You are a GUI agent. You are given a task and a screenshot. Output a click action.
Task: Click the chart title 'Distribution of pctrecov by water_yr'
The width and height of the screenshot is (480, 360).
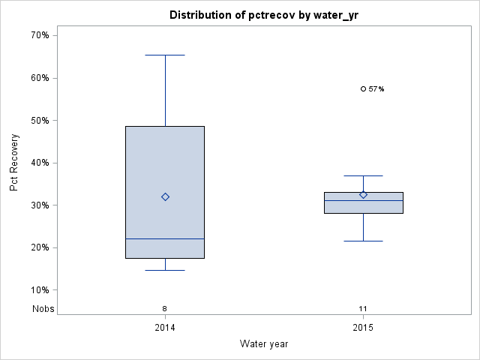point(264,15)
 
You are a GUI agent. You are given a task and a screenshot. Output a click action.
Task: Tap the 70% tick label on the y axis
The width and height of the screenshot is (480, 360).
point(39,35)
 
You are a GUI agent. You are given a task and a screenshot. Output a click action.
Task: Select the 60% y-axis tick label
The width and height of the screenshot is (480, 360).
point(39,78)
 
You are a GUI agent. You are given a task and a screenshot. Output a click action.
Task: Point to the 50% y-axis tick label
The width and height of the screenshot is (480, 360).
point(39,120)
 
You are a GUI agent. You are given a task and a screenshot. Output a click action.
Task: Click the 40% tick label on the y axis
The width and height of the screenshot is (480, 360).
point(39,163)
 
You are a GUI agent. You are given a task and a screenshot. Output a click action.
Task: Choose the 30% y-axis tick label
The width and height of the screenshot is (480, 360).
point(39,205)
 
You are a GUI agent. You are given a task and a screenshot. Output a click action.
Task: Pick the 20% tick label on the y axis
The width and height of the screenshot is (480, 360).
point(39,247)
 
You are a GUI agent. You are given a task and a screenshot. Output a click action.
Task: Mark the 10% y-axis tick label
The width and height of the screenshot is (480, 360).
point(39,290)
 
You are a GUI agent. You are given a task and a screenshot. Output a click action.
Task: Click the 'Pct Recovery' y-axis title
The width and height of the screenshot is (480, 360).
point(14,163)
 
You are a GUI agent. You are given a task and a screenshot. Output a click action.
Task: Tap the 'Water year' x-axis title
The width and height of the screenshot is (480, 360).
point(264,343)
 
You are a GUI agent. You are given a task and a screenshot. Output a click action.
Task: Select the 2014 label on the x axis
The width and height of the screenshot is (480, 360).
point(165,328)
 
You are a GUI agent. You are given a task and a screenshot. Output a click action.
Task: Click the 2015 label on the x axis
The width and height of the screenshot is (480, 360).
point(363,328)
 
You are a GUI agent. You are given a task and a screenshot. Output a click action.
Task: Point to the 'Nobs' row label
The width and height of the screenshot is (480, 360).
point(43,308)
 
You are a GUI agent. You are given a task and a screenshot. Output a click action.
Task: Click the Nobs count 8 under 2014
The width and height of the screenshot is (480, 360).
point(165,308)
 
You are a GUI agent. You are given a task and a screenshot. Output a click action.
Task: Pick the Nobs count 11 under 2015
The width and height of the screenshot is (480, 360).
point(363,308)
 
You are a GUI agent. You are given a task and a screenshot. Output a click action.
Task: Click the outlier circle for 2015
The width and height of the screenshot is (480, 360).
point(363,88)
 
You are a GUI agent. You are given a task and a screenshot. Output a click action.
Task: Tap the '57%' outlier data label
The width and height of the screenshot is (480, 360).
point(376,89)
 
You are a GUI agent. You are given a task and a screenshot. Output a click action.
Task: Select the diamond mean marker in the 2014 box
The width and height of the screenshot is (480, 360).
point(165,196)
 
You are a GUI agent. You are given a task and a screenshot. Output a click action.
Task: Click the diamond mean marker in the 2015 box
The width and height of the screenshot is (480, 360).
point(363,194)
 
